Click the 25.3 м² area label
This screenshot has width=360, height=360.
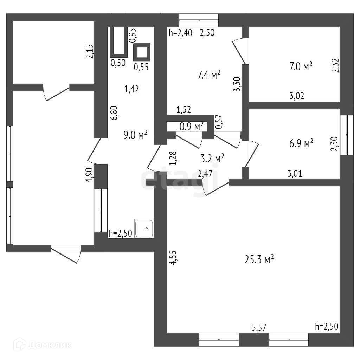click(259, 260)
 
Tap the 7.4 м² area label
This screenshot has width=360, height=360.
click(209, 75)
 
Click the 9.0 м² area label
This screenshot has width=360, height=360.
click(135, 135)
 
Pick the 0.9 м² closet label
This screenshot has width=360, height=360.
click(192, 127)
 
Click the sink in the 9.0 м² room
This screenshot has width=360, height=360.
click(144, 229)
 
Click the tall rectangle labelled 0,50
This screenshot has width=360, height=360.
click(118, 41)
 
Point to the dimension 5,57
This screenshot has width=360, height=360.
click(259, 327)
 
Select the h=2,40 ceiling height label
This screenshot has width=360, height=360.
click(180, 33)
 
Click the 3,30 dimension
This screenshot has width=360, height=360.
click(238, 85)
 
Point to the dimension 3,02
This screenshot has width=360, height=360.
click(297, 96)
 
